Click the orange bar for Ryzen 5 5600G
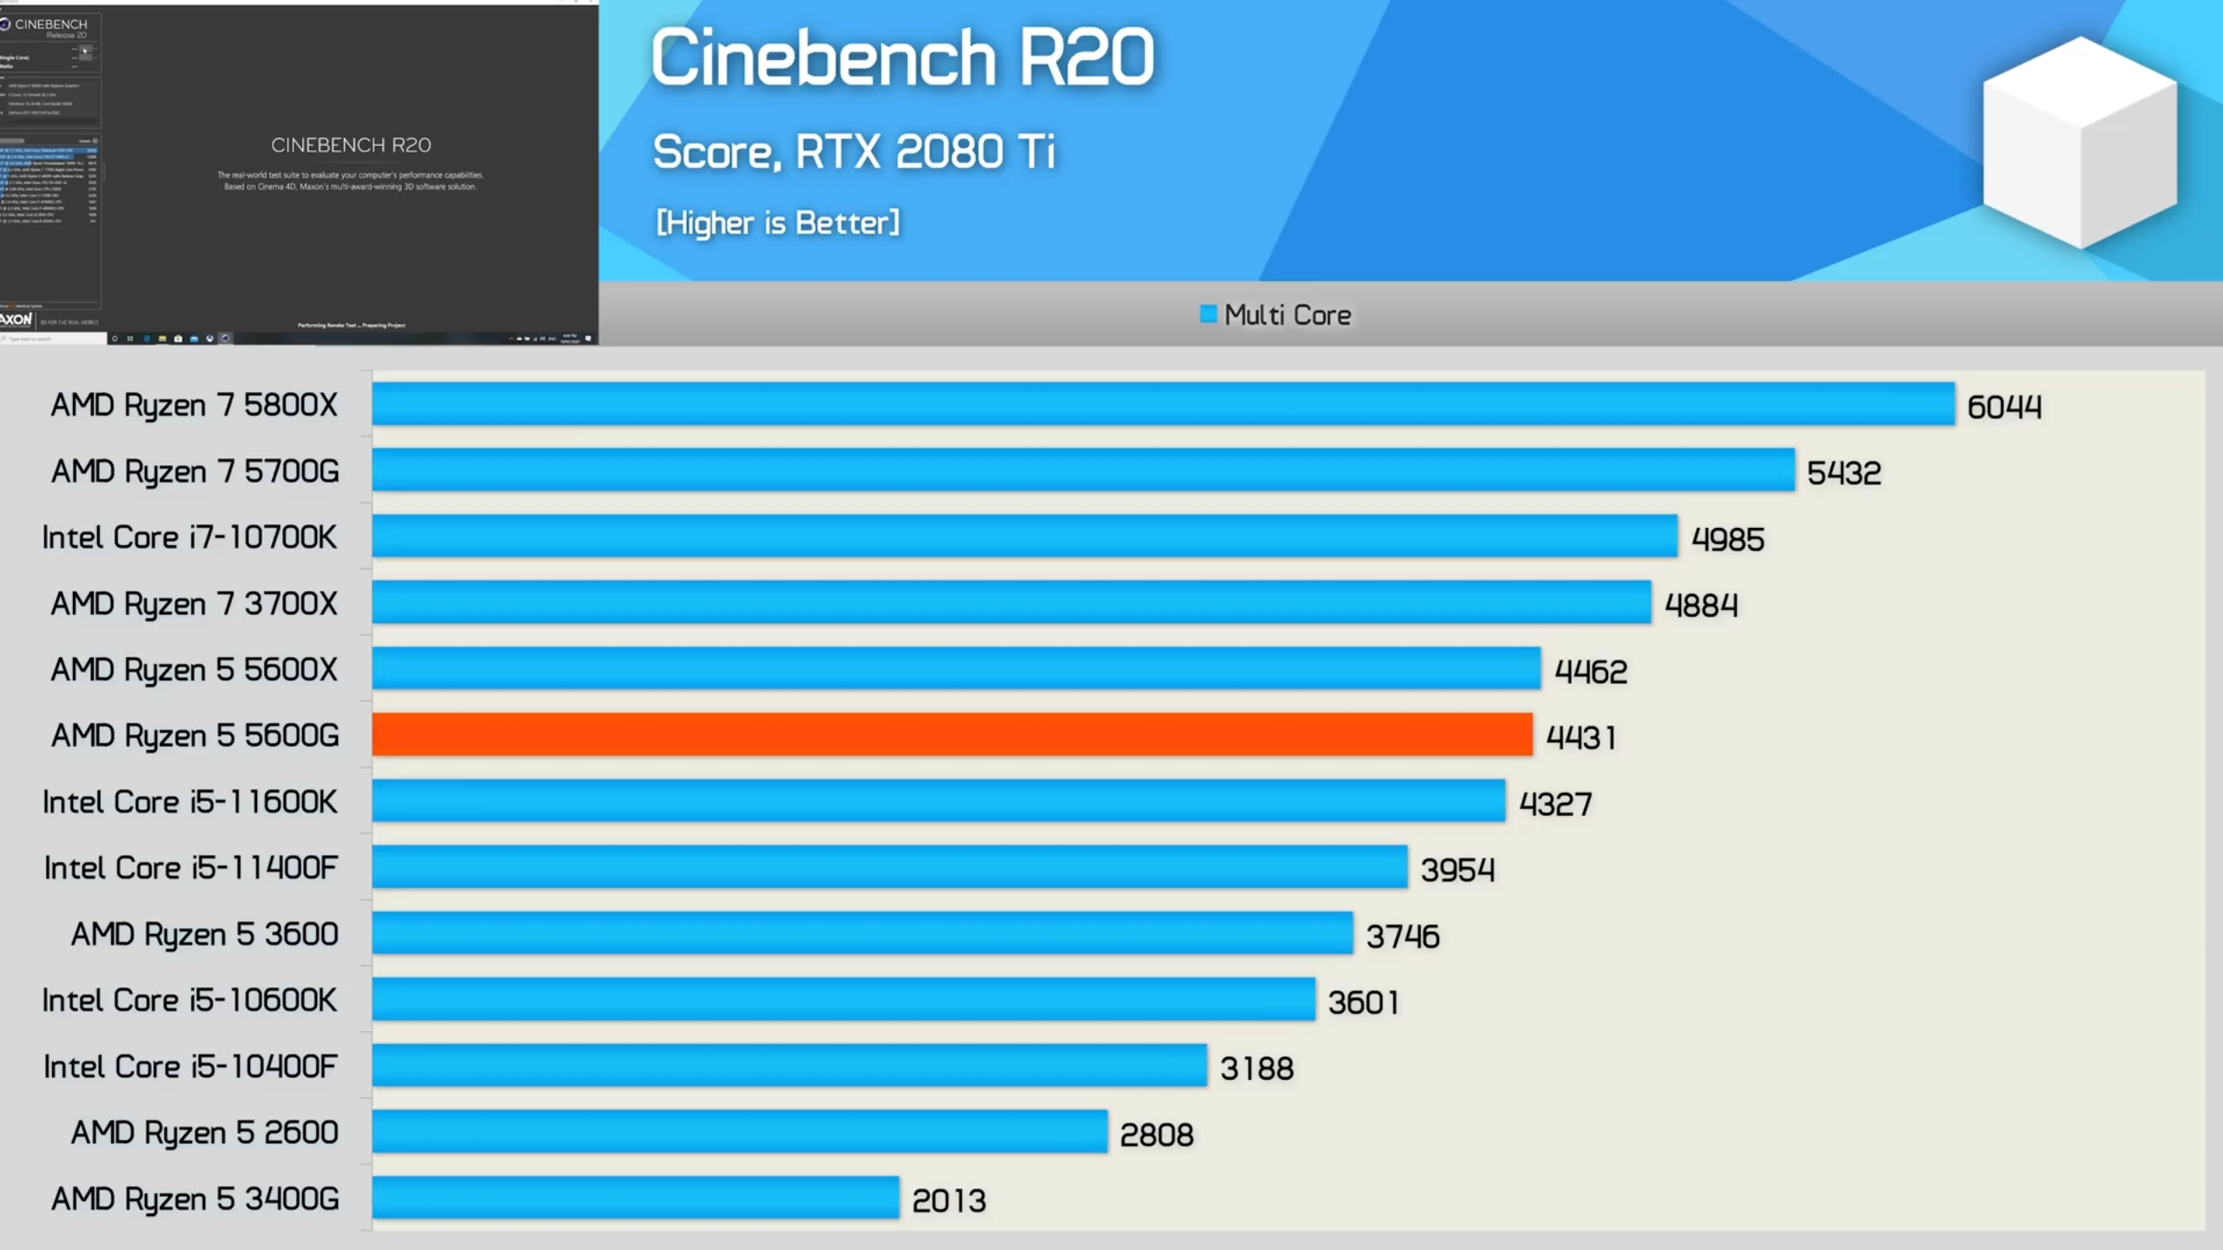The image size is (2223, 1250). pos(952,734)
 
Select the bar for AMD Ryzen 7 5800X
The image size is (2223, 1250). pos(1164,404)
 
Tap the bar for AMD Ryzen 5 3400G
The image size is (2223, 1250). pos(636,1198)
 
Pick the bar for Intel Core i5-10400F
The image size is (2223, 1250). pos(789,1065)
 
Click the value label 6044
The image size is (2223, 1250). pos(2004,406)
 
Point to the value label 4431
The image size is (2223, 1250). pos(1580,737)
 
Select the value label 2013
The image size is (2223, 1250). pos(948,1201)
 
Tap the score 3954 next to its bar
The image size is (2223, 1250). pos(1457,869)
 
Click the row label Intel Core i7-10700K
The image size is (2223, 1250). pos(189,537)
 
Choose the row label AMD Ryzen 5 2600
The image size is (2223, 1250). pos(204,1132)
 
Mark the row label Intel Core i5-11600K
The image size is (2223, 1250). pos(189,801)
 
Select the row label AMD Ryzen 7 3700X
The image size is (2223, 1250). pos(194,603)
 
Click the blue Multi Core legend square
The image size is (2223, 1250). pos(1208,314)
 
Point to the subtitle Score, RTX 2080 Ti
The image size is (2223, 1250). pos(854,152)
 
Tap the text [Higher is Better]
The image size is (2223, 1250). pos(778,223)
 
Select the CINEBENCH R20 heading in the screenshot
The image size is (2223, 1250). pos(351,145)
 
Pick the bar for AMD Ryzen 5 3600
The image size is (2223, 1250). pos(862,933)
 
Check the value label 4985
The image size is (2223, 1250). pos(1727,539)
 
